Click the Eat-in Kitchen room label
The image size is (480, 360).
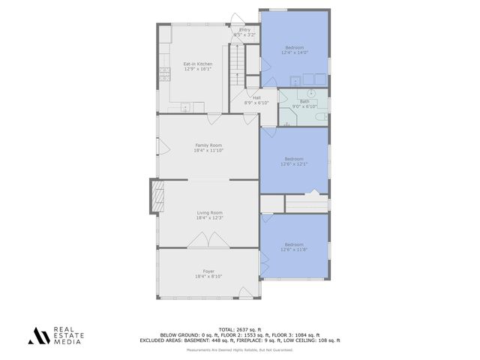pos(197,64)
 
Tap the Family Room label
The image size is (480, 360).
pos(208,145)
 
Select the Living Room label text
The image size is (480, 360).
pos(208,213)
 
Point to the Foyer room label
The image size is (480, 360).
pos(208,271)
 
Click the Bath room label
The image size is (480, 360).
pos(304,101)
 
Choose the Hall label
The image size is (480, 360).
pos(256,97)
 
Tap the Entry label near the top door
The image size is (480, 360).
pos(245,30)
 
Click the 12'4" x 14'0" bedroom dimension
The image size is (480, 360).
pos(294,53)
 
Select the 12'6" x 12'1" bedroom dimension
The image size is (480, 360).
pos(294,163)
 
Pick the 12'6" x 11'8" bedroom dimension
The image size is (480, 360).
pos(294,250)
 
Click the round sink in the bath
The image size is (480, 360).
pos(310,94)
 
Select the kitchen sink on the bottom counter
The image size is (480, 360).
pos(187,106)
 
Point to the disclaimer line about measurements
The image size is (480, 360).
pos(239,350)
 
